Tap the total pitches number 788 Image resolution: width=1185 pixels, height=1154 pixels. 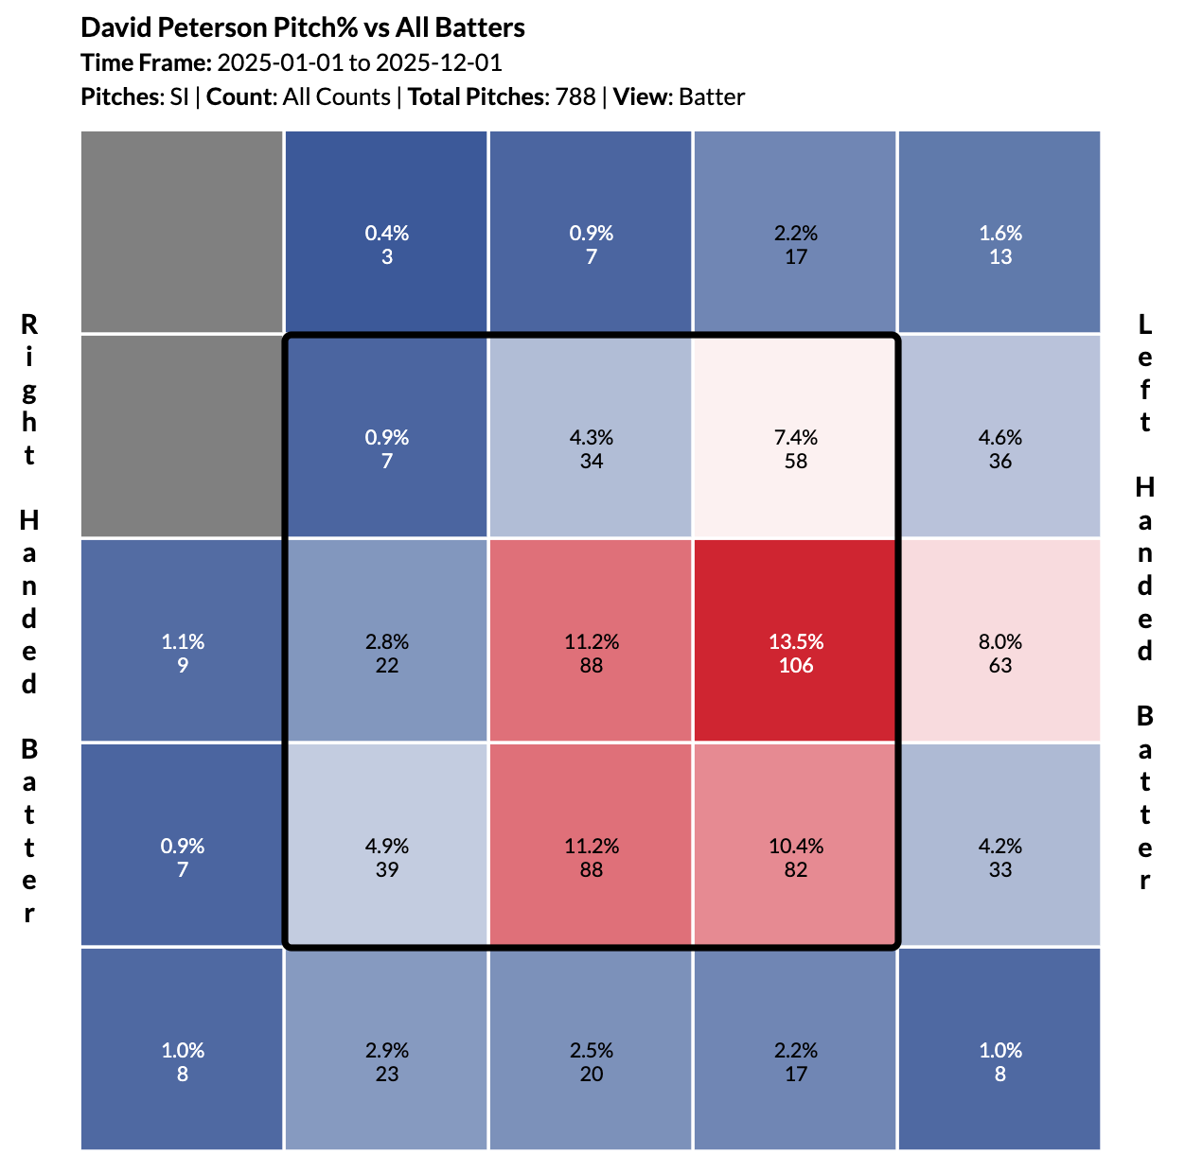click(575, 96)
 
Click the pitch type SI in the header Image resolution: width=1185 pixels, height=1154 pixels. click(179, 96)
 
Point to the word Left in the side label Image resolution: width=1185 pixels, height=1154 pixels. click(1144, 373)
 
